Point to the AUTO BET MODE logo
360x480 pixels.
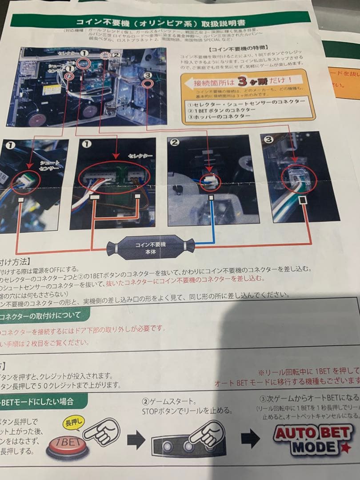(313, 438)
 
